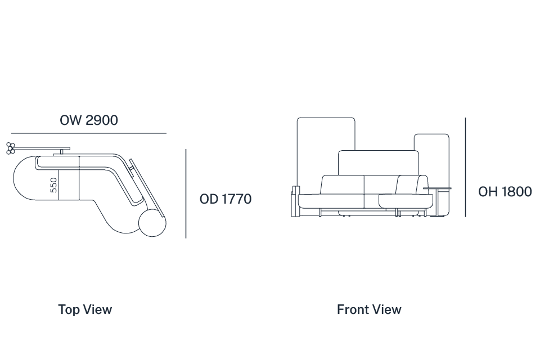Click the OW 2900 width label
(89, 120)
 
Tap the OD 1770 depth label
(226, 199)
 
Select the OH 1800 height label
(505, 192)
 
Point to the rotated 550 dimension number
(53, 185)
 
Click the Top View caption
(85, 309)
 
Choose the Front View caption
(369, 309)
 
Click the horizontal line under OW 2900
(89, 133)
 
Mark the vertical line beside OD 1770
(186, 193)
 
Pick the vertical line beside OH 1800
(466, 167)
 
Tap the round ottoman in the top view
(152, 223)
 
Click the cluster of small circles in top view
(11, 148)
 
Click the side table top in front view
(437, 188)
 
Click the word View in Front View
(387, 309)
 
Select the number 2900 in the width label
(102, 120)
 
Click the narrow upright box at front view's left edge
(295, 201)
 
